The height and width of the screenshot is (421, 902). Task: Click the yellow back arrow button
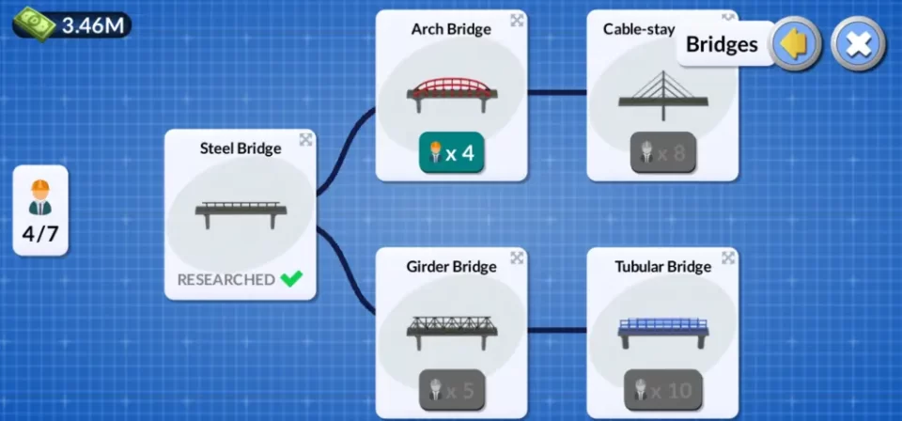(796, 43)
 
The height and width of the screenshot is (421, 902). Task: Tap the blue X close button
(858, 43)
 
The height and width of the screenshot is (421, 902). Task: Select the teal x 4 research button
(451, 153)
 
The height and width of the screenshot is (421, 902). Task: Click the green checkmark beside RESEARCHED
(292, 279)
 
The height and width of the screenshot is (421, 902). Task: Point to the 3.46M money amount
(92, 25)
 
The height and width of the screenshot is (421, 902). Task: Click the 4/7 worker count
(40, 234)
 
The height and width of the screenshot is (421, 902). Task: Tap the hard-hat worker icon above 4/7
(40, 195)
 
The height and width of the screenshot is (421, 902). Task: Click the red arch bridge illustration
(451, 89)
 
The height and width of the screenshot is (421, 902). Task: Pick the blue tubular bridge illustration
(662, 328)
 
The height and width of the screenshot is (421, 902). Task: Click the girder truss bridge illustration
(451, 328)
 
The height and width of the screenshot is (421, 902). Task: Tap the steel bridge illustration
(241, 212)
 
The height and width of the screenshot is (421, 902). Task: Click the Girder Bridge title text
(451, 267)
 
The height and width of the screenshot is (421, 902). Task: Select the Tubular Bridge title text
(662, 267)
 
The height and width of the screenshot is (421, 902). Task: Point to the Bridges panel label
(722, 44)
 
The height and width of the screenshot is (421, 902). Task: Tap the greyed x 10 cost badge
(662, 390)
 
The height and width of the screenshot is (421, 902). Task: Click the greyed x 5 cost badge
(451, 390)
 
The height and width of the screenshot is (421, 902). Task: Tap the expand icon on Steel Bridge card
(306, 140)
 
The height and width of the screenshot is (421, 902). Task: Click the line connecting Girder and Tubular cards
(556, 330)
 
